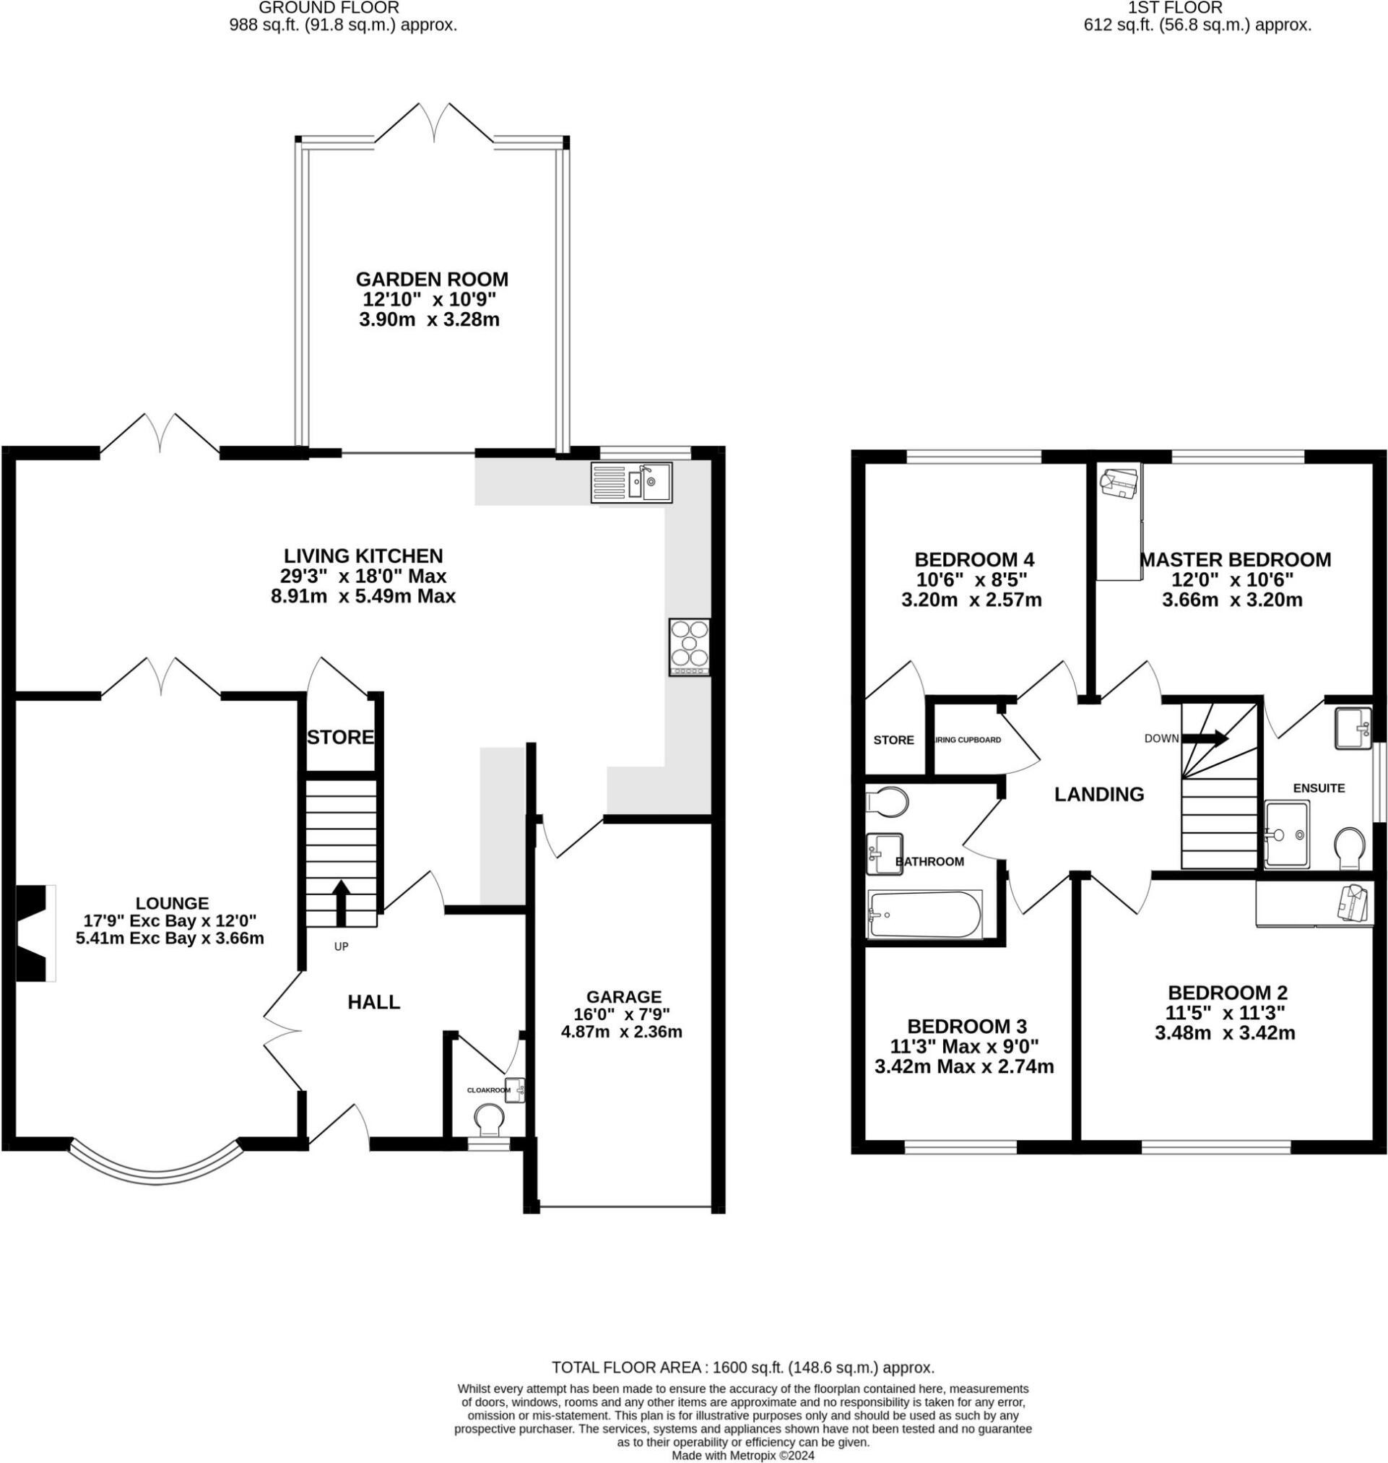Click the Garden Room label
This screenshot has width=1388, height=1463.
tap(432, 280)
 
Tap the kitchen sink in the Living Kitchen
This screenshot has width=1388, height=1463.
tap(631, 483)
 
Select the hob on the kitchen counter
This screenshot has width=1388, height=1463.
tap(690, 647)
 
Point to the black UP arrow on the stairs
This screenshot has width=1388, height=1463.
tap(341, 902)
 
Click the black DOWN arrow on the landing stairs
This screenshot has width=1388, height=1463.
tap(1205, 738)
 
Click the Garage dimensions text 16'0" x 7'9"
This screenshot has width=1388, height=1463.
tap(624, 1013)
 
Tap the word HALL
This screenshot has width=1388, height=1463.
tap(373, 1002)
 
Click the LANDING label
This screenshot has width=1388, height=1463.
tap(1098, 794)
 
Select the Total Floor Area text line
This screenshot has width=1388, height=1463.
tap(744, 1368)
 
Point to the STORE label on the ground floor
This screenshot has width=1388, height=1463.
tap(340, 737)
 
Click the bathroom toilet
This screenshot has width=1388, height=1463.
tap(887, 801)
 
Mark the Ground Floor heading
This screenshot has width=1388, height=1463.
tap(329, 7)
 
